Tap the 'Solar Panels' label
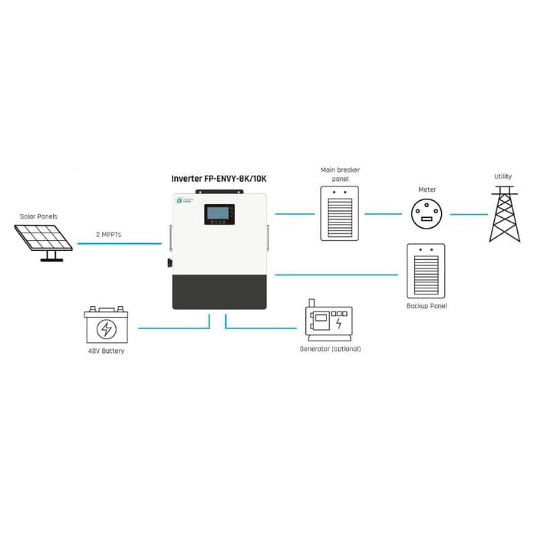point(38,216)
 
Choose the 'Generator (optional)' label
point(330,349)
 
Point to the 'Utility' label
point(502,176)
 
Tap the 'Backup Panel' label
point(427,306)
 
